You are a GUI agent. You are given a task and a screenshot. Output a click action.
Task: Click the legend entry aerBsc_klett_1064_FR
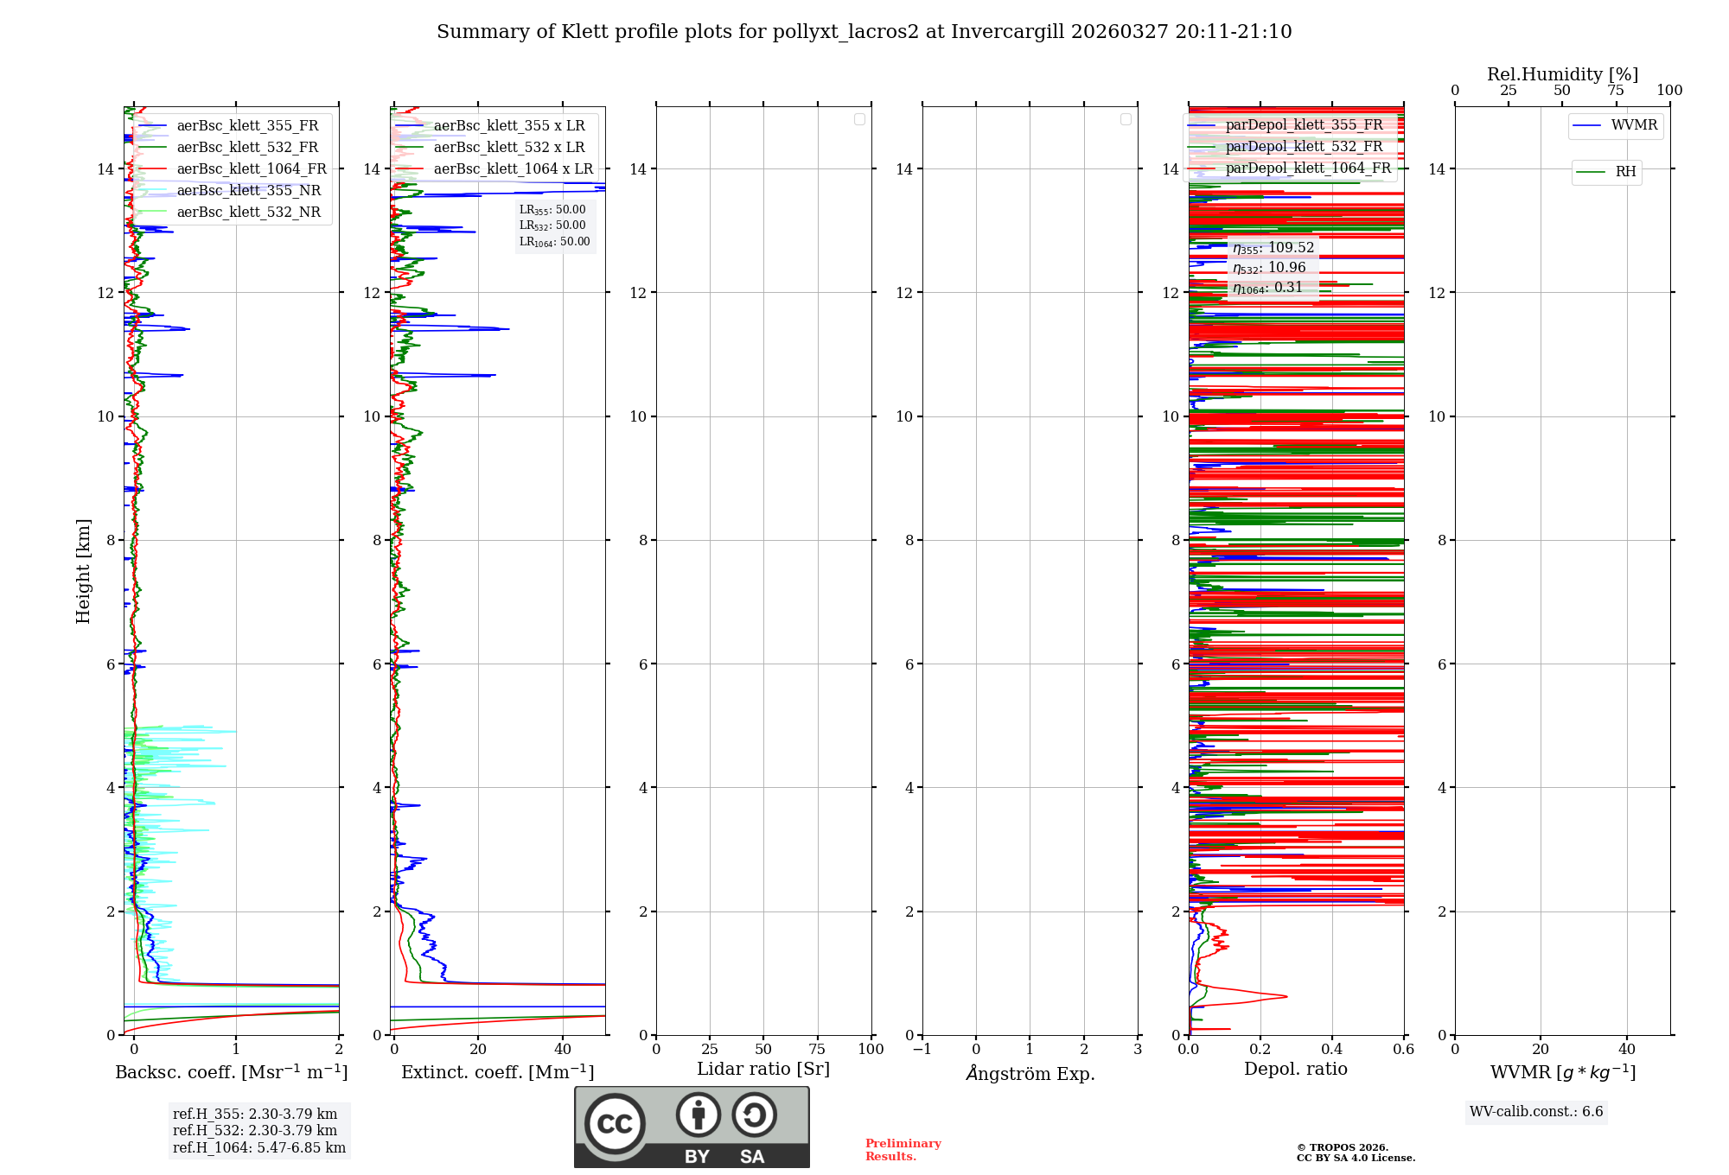(x=251, y=169)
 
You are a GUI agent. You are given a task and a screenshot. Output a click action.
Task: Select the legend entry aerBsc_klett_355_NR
(x=248, y=191)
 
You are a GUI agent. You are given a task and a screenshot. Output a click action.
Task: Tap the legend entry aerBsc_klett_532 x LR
(x=508, y=148)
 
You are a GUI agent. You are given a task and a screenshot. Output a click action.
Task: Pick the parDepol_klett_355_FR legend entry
(x=1304, y=125)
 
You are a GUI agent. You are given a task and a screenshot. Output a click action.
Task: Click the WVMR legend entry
(x=1633, y=125)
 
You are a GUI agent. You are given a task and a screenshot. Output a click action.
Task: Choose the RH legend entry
(x=1625, y=172)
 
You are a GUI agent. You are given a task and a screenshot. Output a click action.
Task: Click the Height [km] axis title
(x=83, y=571)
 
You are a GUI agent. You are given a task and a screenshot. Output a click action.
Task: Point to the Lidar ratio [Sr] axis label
(x=763, y=1070)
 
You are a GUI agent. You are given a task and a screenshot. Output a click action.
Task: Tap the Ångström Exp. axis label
(x=1030, y=1074)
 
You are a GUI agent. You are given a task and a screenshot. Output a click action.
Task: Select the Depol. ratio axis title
(x=1295, y=1070)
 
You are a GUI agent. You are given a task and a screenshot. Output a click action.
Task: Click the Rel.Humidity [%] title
(x=1562, y=74)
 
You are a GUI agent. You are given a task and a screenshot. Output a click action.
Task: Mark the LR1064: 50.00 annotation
(x=554, y=242)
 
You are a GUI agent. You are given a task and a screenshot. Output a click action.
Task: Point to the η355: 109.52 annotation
(x=1273, y=248)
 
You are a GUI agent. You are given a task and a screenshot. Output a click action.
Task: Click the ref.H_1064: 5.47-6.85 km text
(x=258, y=1148)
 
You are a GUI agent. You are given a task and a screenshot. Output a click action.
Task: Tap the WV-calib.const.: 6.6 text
(x=1536, y=1112)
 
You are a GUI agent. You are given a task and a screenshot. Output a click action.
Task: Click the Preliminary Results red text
(x=903, y=1150)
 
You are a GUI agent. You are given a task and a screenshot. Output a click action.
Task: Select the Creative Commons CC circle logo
(x=615, y=1124)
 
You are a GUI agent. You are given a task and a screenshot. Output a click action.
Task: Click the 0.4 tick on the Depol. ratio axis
(x=1332, y=1050)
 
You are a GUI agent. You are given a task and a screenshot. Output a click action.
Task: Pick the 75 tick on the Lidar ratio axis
(x=817, y=1050)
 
